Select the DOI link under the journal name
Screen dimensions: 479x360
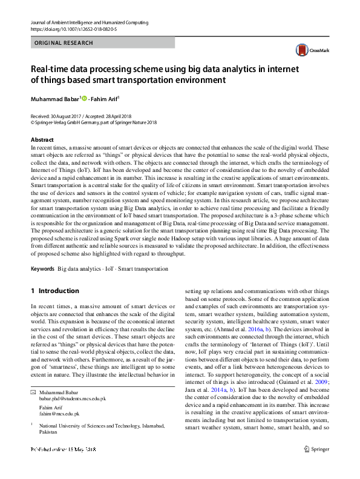click(x=73, y=29)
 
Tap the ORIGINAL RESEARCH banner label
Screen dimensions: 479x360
click(x=64, y=43)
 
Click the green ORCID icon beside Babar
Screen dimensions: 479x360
click(x=83, y=98)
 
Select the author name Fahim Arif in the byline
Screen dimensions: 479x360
click(x=105, y=98)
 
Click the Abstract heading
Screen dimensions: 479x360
click(x=42, y=140)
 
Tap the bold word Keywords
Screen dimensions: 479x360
click(x=42, y=268)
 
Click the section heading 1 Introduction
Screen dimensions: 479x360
click(x=55, y=291)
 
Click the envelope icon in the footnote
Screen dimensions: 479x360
click(x=33, y=393)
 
